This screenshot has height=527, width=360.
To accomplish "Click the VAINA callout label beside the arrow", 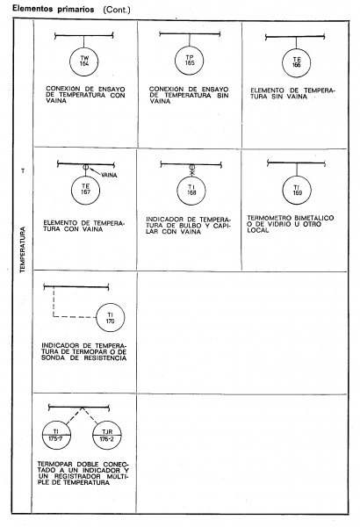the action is coord(109,175).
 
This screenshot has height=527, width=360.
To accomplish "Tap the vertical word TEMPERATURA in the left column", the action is coord(23,249).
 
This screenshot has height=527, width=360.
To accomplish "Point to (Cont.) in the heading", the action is coord(117,10).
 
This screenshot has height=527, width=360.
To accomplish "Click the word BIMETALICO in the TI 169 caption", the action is coord(314,218).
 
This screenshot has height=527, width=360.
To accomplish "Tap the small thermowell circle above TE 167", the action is coord(85,167).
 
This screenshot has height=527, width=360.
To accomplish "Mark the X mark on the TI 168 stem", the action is coord(192,173).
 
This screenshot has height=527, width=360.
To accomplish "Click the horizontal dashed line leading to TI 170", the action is coord(75,317).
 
